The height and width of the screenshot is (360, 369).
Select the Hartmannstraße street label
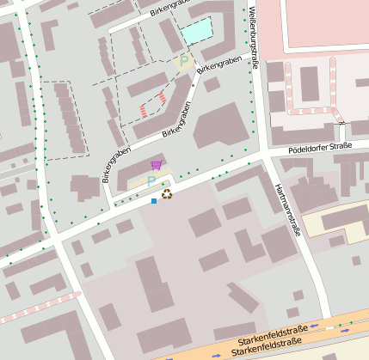(x=285, y=206)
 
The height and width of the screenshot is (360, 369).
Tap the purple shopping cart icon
(x=156, y=165)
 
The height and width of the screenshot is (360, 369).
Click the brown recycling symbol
(x=167, y=194)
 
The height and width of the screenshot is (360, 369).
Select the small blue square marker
(x=154, y=201)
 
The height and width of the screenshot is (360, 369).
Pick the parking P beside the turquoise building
(x=182, y=61)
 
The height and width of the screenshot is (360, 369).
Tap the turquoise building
(x=196, y=33)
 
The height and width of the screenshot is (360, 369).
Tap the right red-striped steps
(x=161, y=100)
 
